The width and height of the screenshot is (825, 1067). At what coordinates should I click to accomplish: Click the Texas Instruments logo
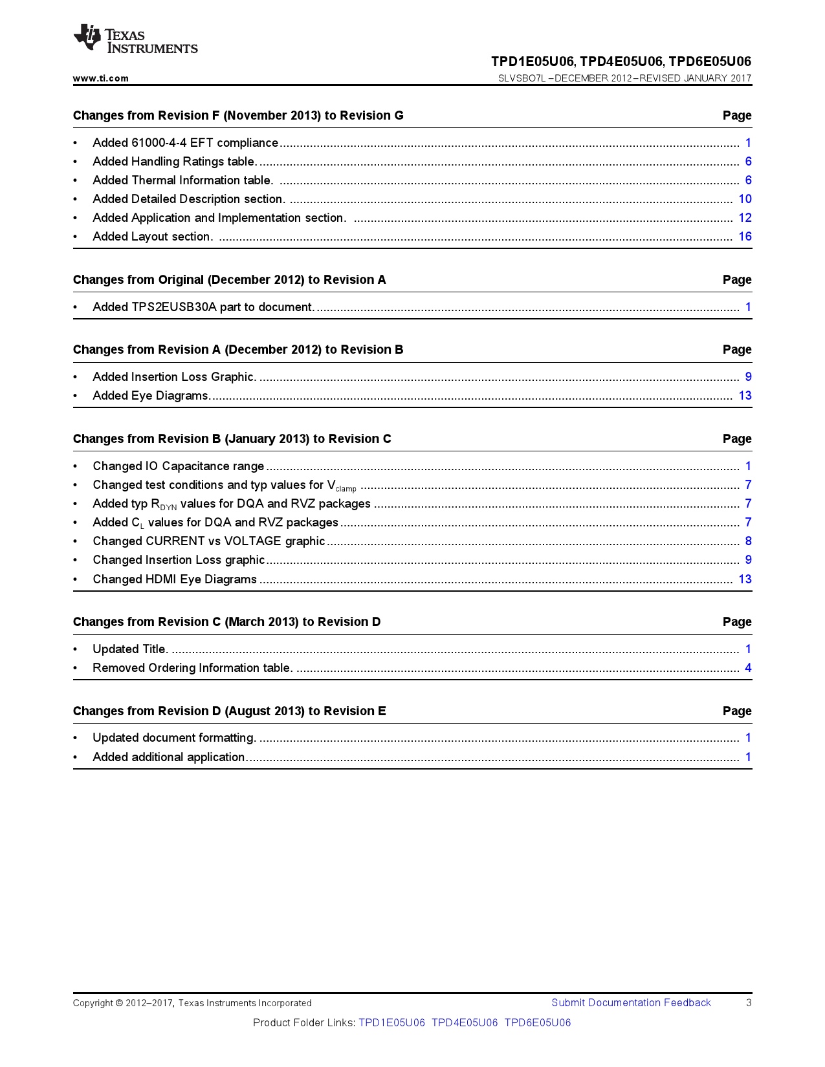(135, 39)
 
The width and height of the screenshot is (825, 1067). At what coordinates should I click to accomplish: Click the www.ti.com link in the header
(100, 78)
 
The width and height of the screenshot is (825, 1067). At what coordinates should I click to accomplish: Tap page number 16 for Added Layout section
(745, 237)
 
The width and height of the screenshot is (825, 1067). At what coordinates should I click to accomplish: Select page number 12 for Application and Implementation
(745, 218)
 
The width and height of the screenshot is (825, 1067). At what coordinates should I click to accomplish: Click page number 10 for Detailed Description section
(745, 199)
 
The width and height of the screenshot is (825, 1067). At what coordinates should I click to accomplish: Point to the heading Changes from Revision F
(238, 116)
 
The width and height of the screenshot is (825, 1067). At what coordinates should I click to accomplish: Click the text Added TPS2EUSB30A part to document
(203, 307)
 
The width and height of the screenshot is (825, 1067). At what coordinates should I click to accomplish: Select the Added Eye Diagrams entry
(151, 396)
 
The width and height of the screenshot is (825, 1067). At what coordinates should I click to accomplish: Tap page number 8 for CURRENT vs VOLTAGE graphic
(748, 541)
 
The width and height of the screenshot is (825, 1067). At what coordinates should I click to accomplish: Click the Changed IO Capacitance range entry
(178, 466)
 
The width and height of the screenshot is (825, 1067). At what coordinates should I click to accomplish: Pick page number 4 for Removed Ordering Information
(748, 668)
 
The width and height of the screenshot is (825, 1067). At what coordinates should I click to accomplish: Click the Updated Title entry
(130, 649)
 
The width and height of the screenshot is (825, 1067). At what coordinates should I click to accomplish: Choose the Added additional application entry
(169, 757)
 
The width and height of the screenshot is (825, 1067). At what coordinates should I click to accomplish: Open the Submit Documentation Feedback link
(631, 1003)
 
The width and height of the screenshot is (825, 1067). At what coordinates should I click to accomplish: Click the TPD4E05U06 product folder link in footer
(465, 1023)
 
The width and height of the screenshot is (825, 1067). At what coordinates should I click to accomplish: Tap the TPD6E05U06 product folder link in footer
(538, 1023)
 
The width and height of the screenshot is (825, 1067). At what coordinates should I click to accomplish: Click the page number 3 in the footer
(749, 1003)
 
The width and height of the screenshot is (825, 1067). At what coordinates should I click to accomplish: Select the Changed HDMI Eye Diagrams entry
(175, 579)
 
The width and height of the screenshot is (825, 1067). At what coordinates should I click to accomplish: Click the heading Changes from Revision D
(229, 711)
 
